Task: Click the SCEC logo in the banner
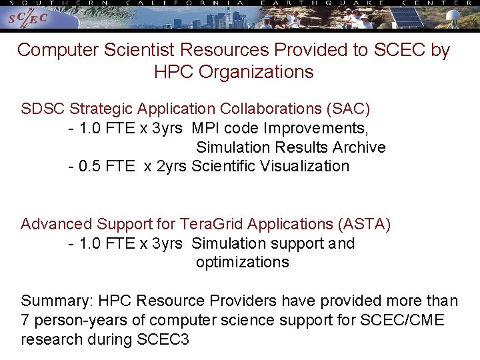point(27,19)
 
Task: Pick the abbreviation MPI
point(205,127)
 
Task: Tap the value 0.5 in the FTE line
point(90,166)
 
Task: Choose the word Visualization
point(305,166)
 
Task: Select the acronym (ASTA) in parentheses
point(365,224)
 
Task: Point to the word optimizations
point(243,262)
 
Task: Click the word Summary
point(50,301)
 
